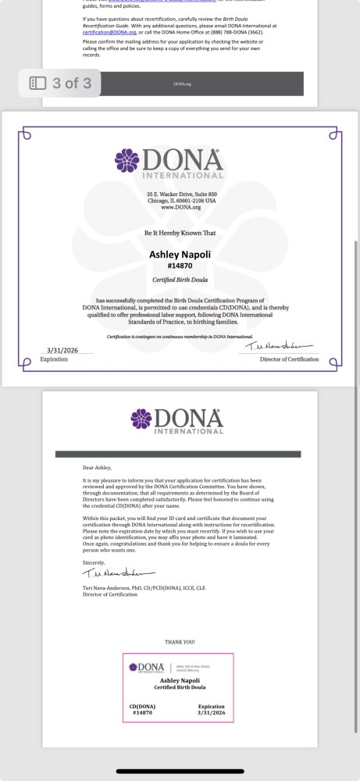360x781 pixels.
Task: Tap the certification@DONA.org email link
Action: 108,32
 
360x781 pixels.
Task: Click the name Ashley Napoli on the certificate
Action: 180,255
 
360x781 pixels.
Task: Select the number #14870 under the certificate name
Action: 180,266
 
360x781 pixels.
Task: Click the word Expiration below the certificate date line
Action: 54,359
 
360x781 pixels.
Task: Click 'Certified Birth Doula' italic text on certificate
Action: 180,280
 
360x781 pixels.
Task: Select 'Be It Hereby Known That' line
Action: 180,233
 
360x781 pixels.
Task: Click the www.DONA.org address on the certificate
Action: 180,207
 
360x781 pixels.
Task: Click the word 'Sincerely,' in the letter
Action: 93,562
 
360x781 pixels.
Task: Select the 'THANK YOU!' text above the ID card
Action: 179,643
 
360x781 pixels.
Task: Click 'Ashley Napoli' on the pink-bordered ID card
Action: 179,680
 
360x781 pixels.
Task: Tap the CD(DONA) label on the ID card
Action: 143,706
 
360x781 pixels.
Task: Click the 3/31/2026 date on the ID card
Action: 211,712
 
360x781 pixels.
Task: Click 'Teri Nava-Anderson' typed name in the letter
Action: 109,587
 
